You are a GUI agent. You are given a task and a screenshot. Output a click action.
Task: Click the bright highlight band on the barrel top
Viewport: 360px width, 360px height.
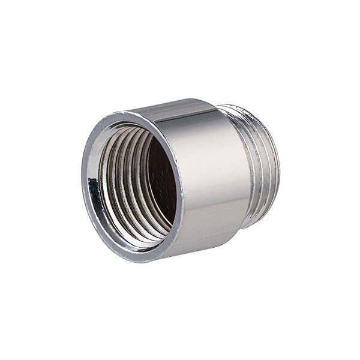180,111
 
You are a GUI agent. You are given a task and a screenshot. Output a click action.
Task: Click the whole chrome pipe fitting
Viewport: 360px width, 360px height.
180,180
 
